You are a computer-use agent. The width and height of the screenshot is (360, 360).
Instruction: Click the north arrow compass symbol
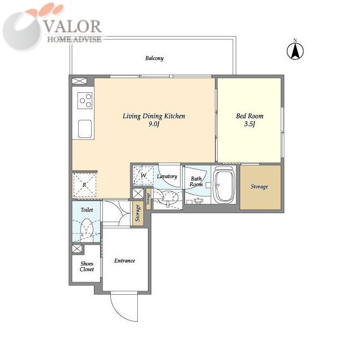point(295,51)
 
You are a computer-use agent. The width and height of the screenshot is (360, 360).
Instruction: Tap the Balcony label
point(154,58)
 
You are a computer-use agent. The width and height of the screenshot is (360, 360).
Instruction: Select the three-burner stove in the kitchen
point(85,100)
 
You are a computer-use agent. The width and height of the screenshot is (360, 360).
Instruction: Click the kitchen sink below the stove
point(85,129)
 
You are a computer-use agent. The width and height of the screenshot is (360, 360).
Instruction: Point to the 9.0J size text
point(154,124)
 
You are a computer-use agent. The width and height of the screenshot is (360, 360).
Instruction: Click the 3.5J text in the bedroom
point(250,124)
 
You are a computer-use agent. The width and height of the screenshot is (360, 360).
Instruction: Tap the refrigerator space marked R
point(84,185)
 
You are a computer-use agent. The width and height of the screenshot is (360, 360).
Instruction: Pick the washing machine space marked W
point(143,175)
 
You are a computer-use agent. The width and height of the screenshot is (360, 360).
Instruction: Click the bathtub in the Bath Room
point(224,184)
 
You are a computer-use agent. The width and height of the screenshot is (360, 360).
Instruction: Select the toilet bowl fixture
point(87,228)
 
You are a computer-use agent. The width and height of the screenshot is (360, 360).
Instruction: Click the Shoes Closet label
point(87,267)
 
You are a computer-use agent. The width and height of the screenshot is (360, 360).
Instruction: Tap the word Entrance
point(124,260)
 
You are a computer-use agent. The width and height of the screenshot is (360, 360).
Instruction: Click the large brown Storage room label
point(259,187)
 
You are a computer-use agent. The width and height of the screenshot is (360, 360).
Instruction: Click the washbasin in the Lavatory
point(169,199)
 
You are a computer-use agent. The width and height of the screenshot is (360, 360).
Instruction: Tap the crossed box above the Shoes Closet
point(76,249)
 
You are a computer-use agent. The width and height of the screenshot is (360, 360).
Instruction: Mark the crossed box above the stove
point(79,81)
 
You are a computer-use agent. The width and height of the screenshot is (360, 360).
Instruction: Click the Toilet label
point(87,210)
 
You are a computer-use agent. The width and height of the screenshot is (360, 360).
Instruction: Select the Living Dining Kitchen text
point(154,116)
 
